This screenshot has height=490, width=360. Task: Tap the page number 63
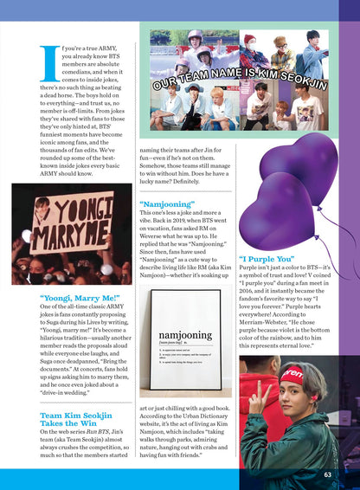pos(327,474)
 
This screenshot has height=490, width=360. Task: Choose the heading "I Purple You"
pos(267,258)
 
